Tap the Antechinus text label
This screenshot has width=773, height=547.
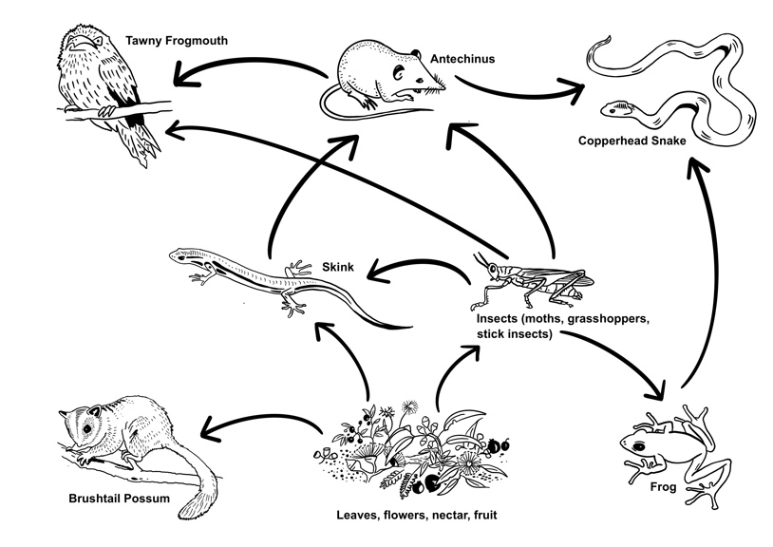click(x=462, y=59)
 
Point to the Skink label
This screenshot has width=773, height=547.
click(x=338, y=269)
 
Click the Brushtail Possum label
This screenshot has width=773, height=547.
click(x=119, y=498)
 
